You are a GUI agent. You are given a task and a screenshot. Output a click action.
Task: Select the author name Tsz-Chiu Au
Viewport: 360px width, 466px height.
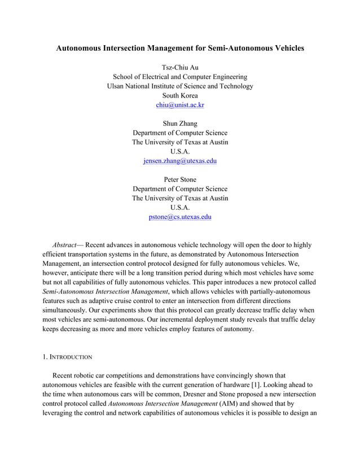(180, 67)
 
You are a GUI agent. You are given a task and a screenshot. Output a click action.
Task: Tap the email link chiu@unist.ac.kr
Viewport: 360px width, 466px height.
(180, 104)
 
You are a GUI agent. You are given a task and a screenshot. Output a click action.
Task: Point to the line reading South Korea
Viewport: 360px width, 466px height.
(180, 95)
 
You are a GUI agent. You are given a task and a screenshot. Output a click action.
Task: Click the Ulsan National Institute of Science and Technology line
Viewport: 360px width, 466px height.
(180, 86)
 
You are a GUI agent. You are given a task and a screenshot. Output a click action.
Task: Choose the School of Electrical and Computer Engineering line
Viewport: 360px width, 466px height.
(180, 77)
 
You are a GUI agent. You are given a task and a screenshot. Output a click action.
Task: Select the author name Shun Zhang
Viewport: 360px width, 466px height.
(180, 123)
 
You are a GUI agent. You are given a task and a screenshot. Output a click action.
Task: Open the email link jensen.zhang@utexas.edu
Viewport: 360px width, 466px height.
(180, 161)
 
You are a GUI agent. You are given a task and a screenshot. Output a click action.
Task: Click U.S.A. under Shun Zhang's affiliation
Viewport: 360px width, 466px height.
(180, 151)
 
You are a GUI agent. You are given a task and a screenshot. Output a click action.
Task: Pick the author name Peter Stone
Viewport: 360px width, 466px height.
(180, 179)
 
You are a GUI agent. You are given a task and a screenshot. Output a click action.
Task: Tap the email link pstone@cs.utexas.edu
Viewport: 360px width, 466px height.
(180, 217)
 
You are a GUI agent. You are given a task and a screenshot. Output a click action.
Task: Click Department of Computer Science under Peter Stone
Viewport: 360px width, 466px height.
(180, 188)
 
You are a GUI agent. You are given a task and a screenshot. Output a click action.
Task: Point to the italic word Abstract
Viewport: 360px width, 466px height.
(65, 245)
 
